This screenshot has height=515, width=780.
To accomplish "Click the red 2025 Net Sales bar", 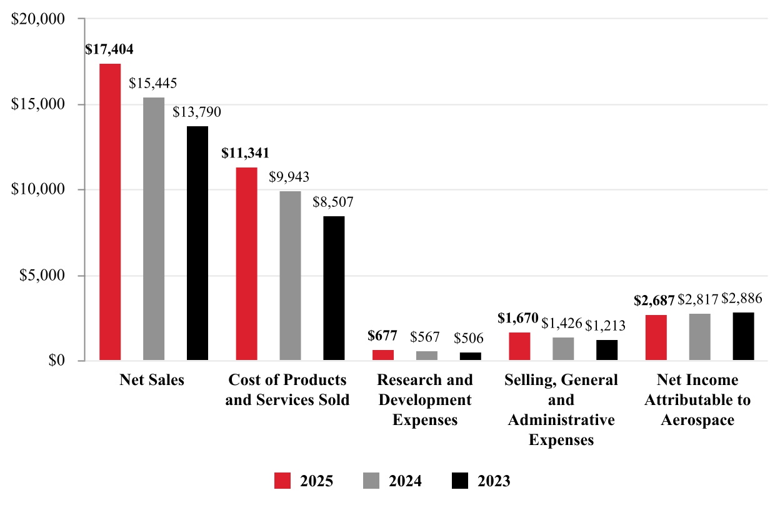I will (x=110, y=212).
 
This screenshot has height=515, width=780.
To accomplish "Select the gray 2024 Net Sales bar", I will (x=154, y=229).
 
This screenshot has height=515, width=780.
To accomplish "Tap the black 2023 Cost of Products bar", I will (x=334, y=288).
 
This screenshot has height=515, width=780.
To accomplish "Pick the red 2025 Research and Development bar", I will (x=382, y=355).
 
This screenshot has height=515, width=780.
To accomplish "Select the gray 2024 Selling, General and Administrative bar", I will (x=562, y=349).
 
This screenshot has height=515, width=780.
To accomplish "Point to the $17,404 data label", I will (x=109, y=49).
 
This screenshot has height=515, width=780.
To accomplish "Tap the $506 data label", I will (x=469, y=338).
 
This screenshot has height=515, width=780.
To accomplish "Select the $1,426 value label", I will (x=561, y=323).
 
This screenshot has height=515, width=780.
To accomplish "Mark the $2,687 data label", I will (x=654, y=300).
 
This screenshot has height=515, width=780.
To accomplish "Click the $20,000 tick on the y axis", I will (x=39, y=19).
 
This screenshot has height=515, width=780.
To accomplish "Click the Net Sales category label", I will (x=152, y=380).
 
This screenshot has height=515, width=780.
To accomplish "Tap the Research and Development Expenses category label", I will (x=425, y=399).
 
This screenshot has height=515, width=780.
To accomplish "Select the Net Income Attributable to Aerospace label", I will (x=697, y=399).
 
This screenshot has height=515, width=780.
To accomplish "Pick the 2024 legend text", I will (x=405, y=481).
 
